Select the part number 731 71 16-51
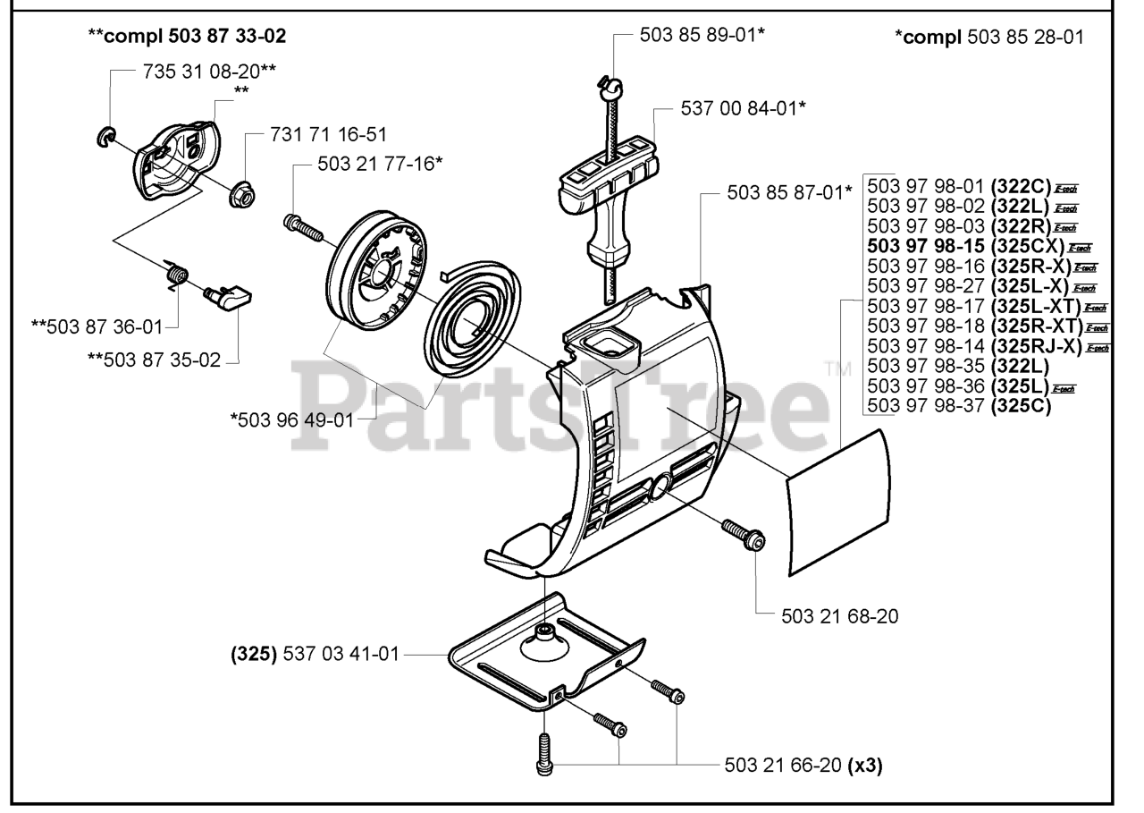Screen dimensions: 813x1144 pos(328,135)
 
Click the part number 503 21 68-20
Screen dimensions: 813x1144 pos(839,615)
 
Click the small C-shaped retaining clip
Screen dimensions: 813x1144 pos(106,136)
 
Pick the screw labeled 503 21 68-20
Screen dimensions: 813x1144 pos(742,535)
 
